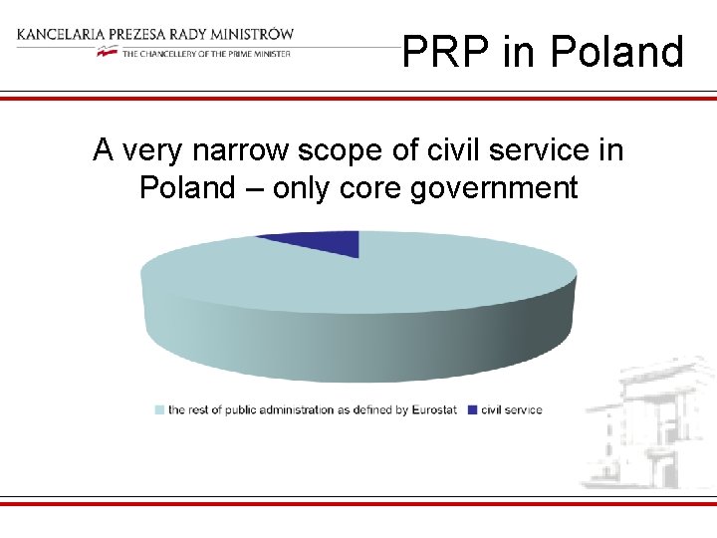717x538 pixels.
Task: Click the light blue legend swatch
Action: click(x=159, y=409)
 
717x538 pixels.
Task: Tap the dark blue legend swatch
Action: click(x=471, y=409)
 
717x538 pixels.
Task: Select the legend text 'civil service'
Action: click(x=511, y=409)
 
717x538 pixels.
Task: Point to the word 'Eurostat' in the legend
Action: click(x=433, y=409)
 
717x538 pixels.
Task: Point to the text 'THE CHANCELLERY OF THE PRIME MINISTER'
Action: click(x=206, y=54)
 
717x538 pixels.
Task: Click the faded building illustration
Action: click(x=647, y=423)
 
